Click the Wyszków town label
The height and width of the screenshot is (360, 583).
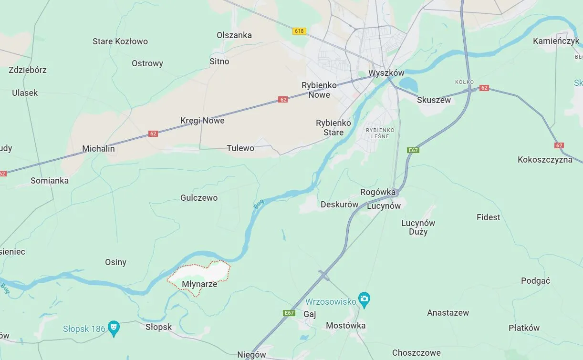pyautogui.click(x=386, y=73)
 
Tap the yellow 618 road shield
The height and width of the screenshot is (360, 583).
pyautogui.click(x=299, y=31)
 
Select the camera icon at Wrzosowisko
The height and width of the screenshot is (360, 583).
pyautogui.click(x=364, y=299)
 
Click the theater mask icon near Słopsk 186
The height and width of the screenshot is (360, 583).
pyautogui.click(x=114, y=328)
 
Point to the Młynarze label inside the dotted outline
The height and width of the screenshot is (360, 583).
pyautogui.click(x=199, y=284)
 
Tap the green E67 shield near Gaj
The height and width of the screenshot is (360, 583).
pyautogui.click(x=289, y=313)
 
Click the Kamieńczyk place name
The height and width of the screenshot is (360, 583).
pyautogui.click(x=556, y=41)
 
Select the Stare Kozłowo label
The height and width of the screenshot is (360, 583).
pyautogui.click(x=120, y=41)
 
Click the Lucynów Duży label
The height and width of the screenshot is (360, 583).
pyautogui.click(x=418, y=227)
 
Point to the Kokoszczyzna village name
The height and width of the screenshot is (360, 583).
pyautogui.click(x=545, y=160)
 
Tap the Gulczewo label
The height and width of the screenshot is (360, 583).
pyautogui.click(x=199, y=198)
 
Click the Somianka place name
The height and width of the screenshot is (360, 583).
pyautogui.click(x=50, y=181)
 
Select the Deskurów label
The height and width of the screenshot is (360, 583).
pyautogui.click(x=339, y=205)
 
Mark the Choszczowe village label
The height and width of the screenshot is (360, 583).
pyautogui.click(x=416, y=353)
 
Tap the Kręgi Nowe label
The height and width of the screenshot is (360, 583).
pyautogui.click(x=202, y=121)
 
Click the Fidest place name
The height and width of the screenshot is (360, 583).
pyautogui.click(x=488, y=217)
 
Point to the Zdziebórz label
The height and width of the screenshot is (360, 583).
pyautogui.click(x=28, y=70)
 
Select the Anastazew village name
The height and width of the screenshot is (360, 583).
pyautogui.click(x=448, y=313)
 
